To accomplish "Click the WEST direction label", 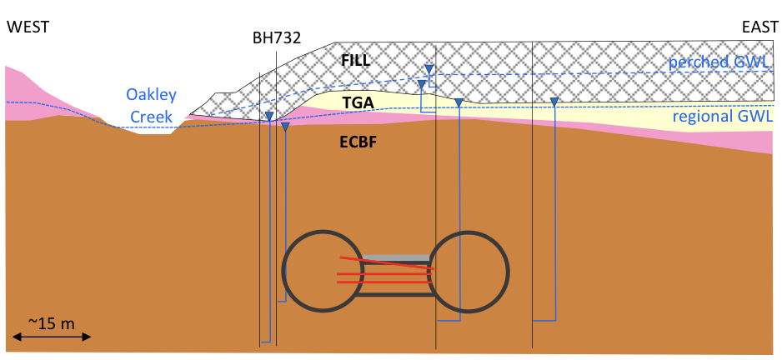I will tap(28, 27).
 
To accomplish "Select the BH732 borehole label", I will tap(276, 37).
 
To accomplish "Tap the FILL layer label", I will tap(355, 60).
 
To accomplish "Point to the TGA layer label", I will tap(358, 102).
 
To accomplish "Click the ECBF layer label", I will tap(358, 142).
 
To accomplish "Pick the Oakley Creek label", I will tap(152, 104).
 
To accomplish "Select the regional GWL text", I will tap(722, 117).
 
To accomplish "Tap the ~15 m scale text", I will tap(52, 321).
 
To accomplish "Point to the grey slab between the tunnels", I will tap(396, 257).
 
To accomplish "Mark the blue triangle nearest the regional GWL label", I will tap(554, 102).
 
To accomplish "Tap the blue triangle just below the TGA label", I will tap(458, 102).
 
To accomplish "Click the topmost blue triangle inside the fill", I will tap(429, 69).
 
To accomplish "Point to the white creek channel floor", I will tap(155, 133).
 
